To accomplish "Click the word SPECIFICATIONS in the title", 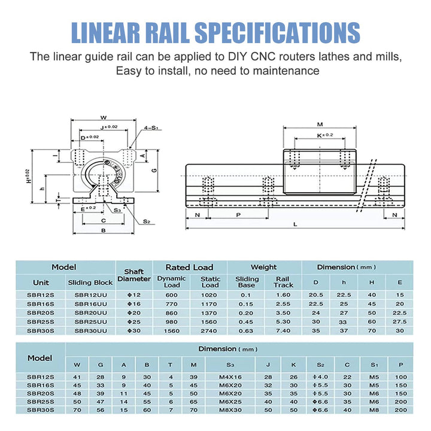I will [278, 32].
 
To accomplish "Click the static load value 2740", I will [210, 330].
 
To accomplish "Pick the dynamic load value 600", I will [172, 295].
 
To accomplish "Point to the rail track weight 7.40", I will [284, 330].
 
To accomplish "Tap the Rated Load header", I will [190, 267].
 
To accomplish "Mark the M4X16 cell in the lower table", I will [230, 377].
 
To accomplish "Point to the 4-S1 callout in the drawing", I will [150, 127].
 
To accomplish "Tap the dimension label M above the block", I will [320, 124].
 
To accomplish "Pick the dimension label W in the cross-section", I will [103, 117].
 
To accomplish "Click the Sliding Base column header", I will [247, 282].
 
